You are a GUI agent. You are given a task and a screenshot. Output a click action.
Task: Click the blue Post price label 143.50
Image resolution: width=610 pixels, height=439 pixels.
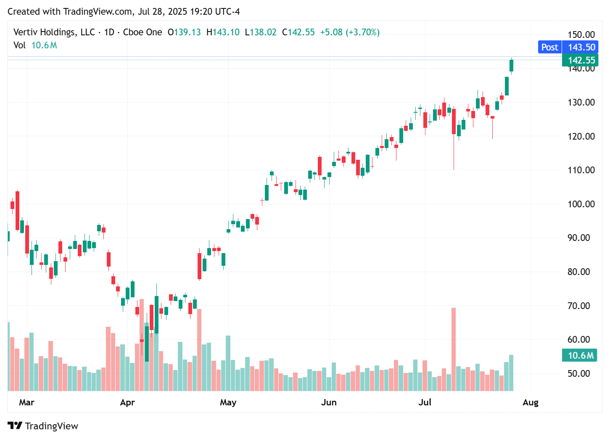coord(568,47)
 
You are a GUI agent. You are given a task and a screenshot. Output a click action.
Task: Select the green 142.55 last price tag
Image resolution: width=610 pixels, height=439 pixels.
coord(580,60)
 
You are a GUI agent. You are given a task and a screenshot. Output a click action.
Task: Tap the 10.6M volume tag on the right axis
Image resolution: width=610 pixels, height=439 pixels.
coord(580,355)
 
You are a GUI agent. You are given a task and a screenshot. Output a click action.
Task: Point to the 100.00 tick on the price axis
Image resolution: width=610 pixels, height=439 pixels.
coord(581,204)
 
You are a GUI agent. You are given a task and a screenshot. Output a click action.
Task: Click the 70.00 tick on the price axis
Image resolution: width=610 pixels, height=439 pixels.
coord(581,306)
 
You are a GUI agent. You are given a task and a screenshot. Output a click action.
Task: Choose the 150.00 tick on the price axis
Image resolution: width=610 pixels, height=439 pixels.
coord(581,34)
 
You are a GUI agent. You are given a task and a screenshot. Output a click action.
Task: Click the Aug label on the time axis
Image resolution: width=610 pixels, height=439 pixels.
coord(530,402)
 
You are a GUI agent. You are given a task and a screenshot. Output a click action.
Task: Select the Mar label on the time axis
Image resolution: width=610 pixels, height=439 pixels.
coord(26,402)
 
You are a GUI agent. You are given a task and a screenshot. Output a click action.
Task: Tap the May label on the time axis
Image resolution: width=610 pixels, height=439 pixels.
coord(228,402)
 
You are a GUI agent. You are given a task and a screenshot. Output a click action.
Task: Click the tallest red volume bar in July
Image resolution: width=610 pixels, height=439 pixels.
coord(454,349)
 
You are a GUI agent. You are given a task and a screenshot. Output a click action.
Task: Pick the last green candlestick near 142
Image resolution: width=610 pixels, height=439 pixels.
coord(512,66)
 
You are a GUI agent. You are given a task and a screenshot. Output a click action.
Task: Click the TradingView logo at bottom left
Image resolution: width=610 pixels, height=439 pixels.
coord(43,426)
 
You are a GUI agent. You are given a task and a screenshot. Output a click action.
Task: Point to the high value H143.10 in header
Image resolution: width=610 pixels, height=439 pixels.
coord(223,32)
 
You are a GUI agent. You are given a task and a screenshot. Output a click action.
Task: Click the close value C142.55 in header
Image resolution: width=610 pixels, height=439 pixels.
coord(298,32)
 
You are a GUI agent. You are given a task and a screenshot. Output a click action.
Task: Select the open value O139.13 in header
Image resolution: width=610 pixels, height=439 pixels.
coord(184,32)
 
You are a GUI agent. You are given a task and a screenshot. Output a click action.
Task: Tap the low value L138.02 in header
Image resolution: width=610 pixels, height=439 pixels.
coord(261,32)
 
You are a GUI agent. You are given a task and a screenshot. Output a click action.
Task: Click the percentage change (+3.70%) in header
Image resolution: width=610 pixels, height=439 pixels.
coord(362,32)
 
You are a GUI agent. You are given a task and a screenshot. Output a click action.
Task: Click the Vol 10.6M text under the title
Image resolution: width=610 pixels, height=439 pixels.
coord(35,45)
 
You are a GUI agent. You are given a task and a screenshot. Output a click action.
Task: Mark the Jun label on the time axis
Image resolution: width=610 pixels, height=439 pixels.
coord(329,402)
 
